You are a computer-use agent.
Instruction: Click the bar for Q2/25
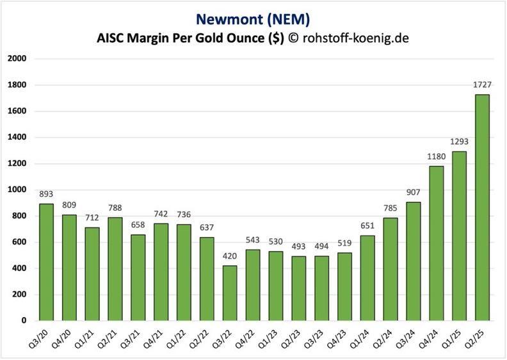coord(481,208)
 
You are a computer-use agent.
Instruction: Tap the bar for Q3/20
coord(47,262)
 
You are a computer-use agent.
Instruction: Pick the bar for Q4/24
coord(436,243)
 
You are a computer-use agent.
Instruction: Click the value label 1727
coord(481,86)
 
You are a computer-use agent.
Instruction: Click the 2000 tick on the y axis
coord(17,59)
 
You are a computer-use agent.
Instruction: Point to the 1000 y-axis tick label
coord(17,190)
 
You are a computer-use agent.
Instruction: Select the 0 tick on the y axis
coord(23,320)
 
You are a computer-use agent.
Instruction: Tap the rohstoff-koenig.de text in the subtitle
coord(355,38)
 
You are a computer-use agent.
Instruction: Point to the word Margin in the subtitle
coord(151,38)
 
